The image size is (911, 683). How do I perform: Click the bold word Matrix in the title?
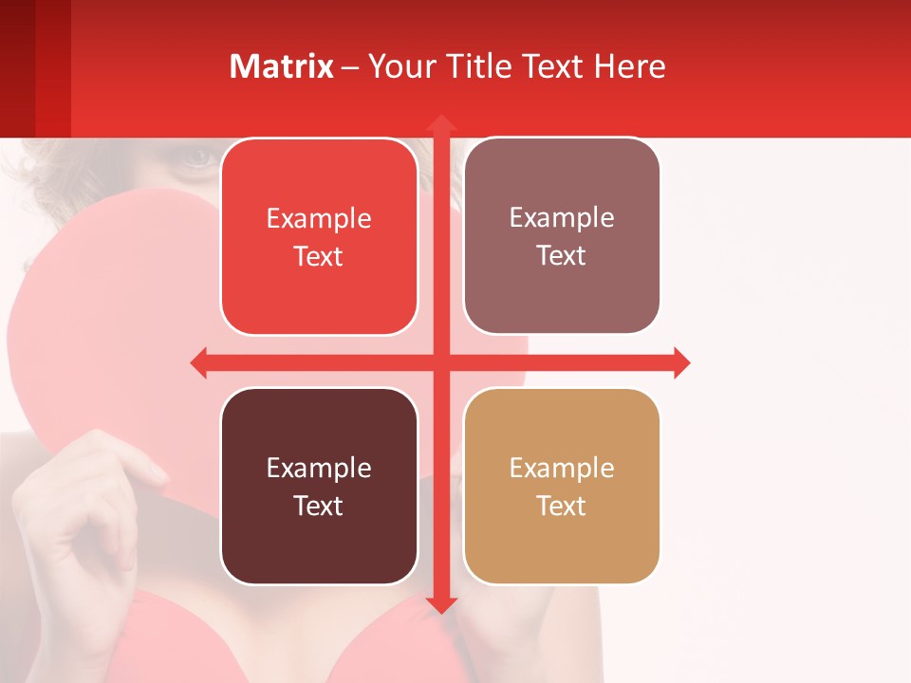pyautogui.click(x=281, y=66)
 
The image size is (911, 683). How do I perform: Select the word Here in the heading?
pyautogui.click(x=629, y=66)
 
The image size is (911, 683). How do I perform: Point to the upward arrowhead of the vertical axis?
pyautogui.click(x=440, y=123)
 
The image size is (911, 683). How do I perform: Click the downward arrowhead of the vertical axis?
pyautogui.click(x=440, y=604)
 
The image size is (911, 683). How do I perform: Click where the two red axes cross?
pyautogui.click(x=440, y=362)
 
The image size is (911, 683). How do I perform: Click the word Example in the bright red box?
pyautogui.click(x=319, y=219)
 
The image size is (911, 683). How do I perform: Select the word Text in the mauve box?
pyautogui.click(x=562, y=256)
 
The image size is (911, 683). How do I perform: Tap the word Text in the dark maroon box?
pyautogui.click(x=319, y=506)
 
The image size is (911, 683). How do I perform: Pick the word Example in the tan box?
pyautogui.click(x=562, y=468)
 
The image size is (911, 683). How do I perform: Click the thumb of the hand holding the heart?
pyautogui.click(x=142, y=465)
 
